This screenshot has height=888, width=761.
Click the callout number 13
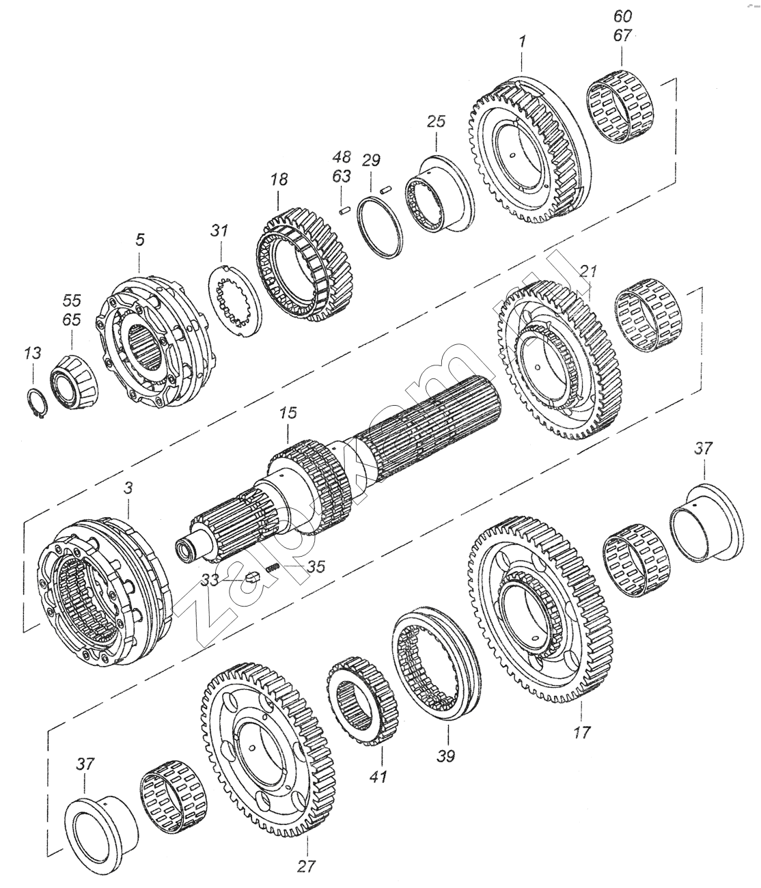point(33,354)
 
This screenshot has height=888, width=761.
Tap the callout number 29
point(371,161)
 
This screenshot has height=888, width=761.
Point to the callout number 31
point(219,231)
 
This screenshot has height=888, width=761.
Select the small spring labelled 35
point(273,568)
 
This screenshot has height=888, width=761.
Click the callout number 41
point(378,777)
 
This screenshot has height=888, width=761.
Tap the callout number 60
point(622,17)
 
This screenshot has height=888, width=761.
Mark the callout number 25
point(436,122)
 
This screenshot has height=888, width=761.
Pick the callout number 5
point(140,240)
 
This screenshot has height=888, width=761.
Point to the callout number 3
point(128,489)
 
